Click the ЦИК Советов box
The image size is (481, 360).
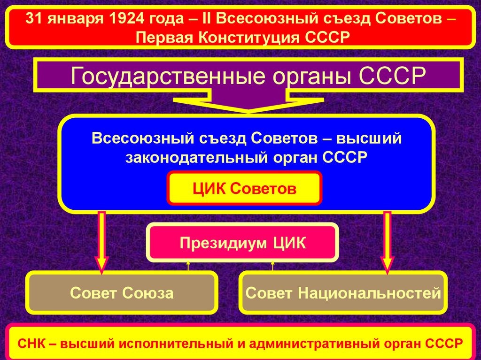245,189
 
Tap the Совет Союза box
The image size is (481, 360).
122,293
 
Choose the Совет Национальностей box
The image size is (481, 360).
343,293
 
